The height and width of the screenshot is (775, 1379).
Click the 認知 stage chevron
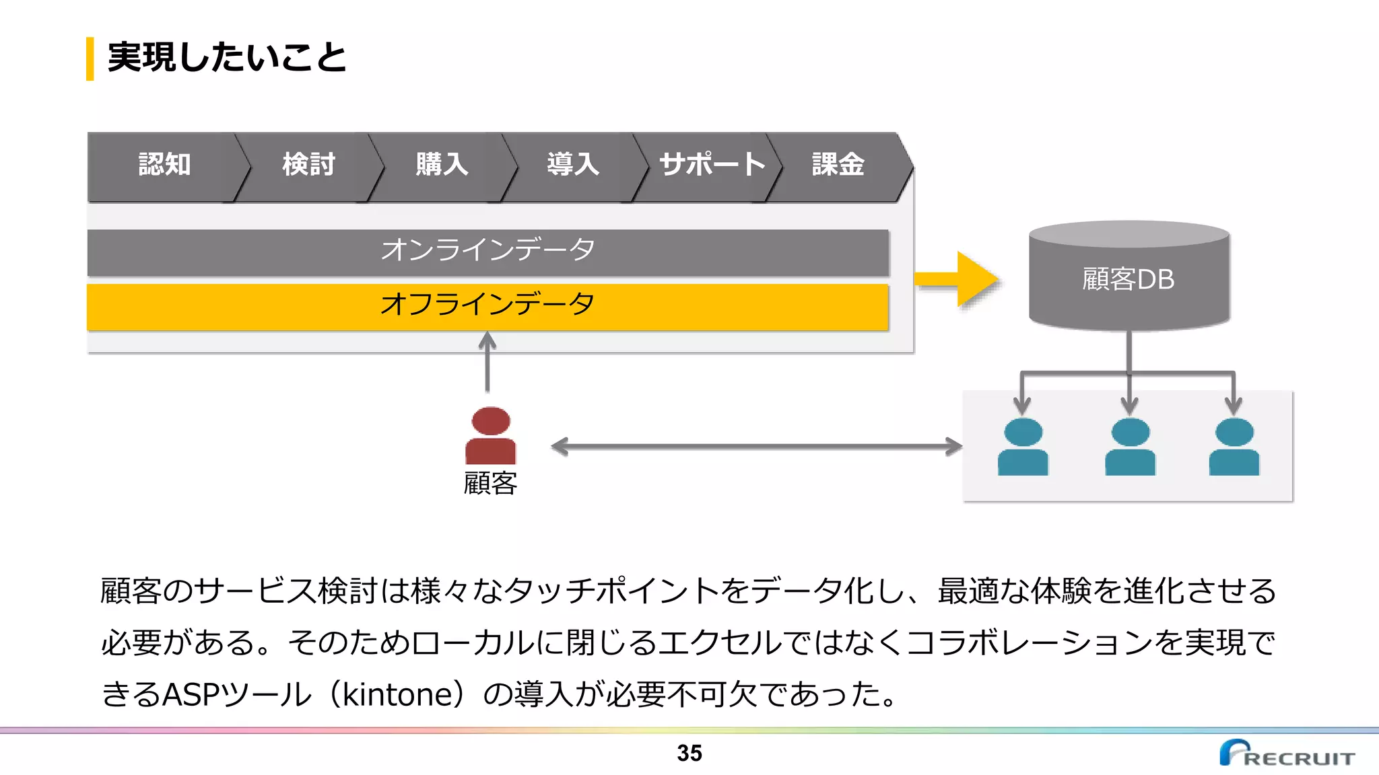point(164,165)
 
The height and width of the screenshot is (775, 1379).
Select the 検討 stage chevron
point(308,165)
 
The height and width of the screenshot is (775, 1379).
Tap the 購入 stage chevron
point(441,165)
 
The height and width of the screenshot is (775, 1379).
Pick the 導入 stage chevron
point(572,165)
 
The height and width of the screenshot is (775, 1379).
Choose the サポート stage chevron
point(711,165)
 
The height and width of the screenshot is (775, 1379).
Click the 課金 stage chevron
point(838,165)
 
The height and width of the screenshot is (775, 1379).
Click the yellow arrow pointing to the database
point(960,279)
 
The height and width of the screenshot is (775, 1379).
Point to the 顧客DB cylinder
point(1129,279)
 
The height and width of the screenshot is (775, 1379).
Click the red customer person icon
point(490,435)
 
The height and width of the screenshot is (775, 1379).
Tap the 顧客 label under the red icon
point(490,484)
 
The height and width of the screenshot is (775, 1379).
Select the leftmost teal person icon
point(1022,447)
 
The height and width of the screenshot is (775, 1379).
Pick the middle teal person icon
point(1130,447)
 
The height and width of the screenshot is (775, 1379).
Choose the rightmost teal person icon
point(1234,447)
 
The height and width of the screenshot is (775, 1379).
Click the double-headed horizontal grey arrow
point(756,447)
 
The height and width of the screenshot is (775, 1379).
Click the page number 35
point(689,753)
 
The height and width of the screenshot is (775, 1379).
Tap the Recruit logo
point(1286,753)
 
